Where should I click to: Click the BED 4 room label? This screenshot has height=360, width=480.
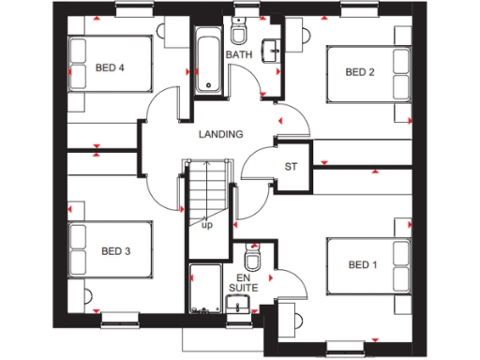110,67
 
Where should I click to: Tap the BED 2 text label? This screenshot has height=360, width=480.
360,72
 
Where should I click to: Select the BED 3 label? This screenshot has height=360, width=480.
115,250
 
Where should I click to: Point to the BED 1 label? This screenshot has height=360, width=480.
364,266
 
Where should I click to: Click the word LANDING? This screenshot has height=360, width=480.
221,134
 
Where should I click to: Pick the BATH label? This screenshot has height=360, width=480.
240,55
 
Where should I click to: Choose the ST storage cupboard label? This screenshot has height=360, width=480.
291,168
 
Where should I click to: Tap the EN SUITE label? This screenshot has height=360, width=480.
244,284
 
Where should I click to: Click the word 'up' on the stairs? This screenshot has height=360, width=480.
206,225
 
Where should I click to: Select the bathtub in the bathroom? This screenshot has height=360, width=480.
206,60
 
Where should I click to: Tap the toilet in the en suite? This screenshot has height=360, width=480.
250,258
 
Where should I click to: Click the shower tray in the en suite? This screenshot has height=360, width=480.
204,290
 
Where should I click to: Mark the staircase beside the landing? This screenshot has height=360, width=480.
205,196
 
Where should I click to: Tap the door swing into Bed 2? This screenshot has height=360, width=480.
291,117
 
